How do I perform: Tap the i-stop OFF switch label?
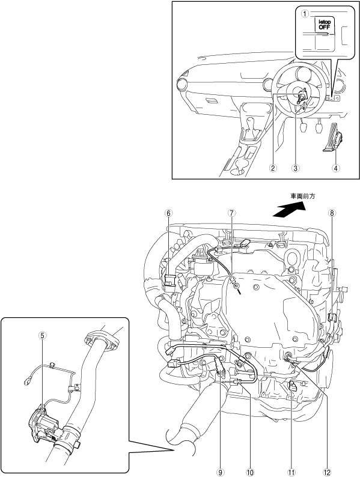click(x=325, y=24)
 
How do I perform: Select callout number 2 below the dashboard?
click(x=273, y=168)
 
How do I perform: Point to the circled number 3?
click(x=295, y=168)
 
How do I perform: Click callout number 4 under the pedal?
click(x=335, y=168)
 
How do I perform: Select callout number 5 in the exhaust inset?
click(x=42, y=335)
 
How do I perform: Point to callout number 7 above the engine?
click(x=232, y=213)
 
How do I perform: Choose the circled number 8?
click(x=332, y=213)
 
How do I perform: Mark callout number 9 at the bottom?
click(x=221, y=472)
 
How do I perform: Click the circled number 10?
click(x=250, y=472)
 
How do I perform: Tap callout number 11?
click(x=291, y=472)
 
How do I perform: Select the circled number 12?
click(x=327, y=472)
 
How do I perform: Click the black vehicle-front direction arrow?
click(x=289, y=210)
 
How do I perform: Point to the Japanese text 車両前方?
click(x=303, y=196)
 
